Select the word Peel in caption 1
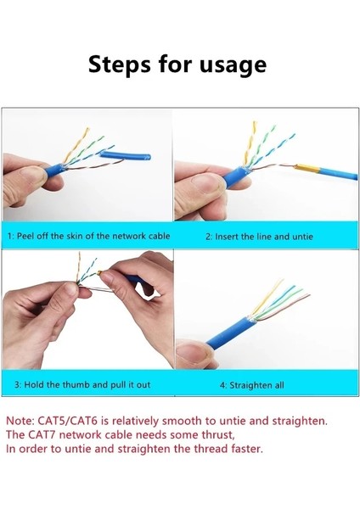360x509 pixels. pyautogui.click(x=34, y=236)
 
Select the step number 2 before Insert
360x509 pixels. pyautogui.click(x=208, y=236)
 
